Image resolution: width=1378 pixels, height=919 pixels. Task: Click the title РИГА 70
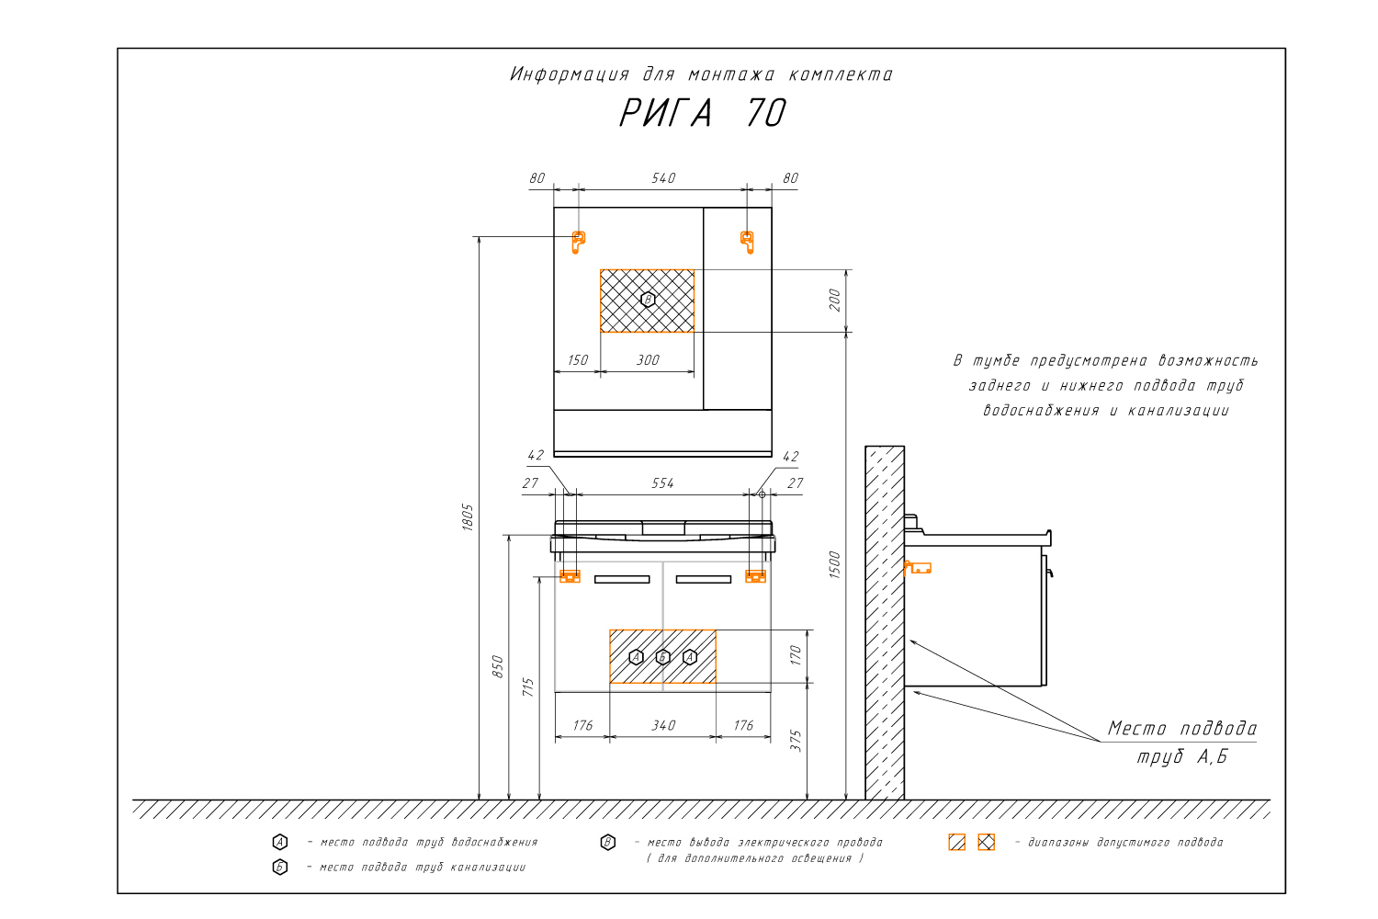[x=703, y=113]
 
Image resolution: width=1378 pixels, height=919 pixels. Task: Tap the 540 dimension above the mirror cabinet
[x=663, y=178]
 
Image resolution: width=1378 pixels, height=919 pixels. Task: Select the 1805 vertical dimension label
[x=468, y=516]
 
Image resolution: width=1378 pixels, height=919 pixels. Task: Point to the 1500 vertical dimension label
[x=835, y=564]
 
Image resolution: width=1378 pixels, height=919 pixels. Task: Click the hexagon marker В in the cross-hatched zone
[x=648, y=300]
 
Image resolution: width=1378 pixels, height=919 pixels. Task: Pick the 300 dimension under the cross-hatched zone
[x=648, y=360]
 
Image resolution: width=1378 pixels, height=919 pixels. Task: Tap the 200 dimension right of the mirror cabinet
[x=835, y=300]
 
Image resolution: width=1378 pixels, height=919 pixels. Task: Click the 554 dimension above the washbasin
[x=662, y=483]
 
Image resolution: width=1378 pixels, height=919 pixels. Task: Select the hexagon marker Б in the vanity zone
[x=663, y=657]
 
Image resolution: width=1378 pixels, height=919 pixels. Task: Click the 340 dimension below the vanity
[x=663, y=726]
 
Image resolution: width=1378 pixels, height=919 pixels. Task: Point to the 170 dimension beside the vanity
[x=796, y=655]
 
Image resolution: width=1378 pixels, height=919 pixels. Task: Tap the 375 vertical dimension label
[x=796, y=741]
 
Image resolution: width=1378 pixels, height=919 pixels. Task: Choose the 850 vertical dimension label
[x=498, y=666]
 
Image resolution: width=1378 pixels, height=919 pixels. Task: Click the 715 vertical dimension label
[x=528, y=687]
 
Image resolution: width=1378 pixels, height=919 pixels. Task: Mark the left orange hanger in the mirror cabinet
[x=578, y=242]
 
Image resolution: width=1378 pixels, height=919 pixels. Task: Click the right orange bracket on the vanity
[x=755, y=576]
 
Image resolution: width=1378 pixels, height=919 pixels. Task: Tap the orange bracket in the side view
[x=918, y=568]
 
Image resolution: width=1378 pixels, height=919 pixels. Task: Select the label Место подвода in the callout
[x=1181, y=729]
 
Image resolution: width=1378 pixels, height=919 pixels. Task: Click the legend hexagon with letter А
[x=280, y=842]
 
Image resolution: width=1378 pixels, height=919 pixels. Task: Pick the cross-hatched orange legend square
[x=986, y=842]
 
